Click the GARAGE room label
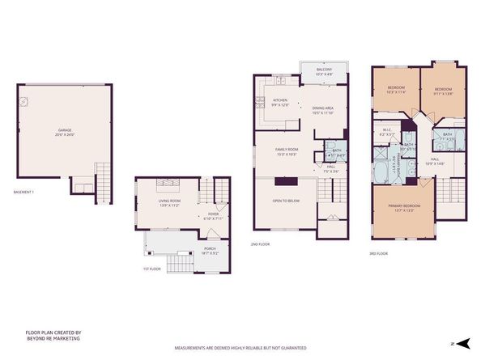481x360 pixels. (65, 131)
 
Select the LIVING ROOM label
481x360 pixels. (168, 202)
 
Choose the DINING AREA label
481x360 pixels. (323, 110)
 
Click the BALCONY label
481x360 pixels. (323, 72)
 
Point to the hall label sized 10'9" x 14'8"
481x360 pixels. (435, 161)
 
